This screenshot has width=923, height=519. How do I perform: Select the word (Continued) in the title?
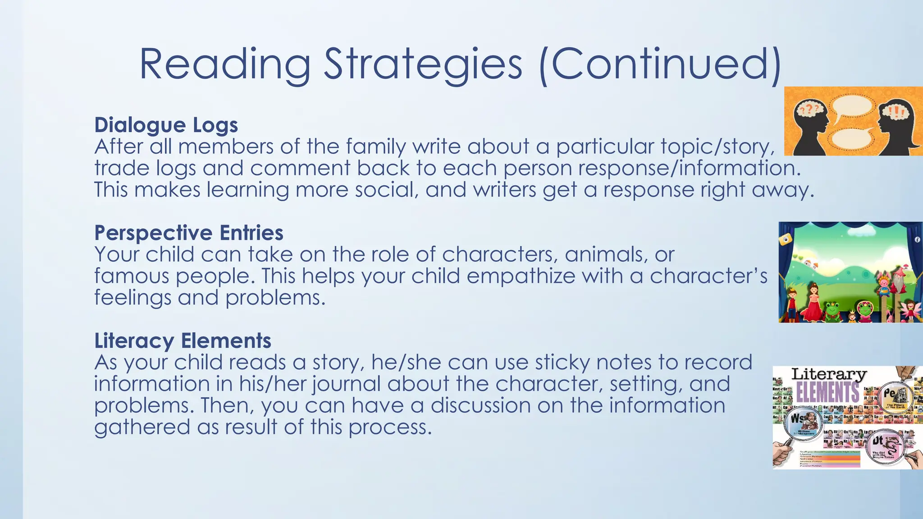(660, 64)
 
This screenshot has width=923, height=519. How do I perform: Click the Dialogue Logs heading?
(166, 125)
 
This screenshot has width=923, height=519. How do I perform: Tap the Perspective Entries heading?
(188, 233)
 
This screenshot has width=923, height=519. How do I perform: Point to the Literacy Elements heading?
(183, 341)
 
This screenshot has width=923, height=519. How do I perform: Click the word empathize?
(521, 276)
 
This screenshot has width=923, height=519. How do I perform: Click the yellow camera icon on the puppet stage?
(786, 239)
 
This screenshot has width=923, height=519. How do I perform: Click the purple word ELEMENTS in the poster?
(827, 392)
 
